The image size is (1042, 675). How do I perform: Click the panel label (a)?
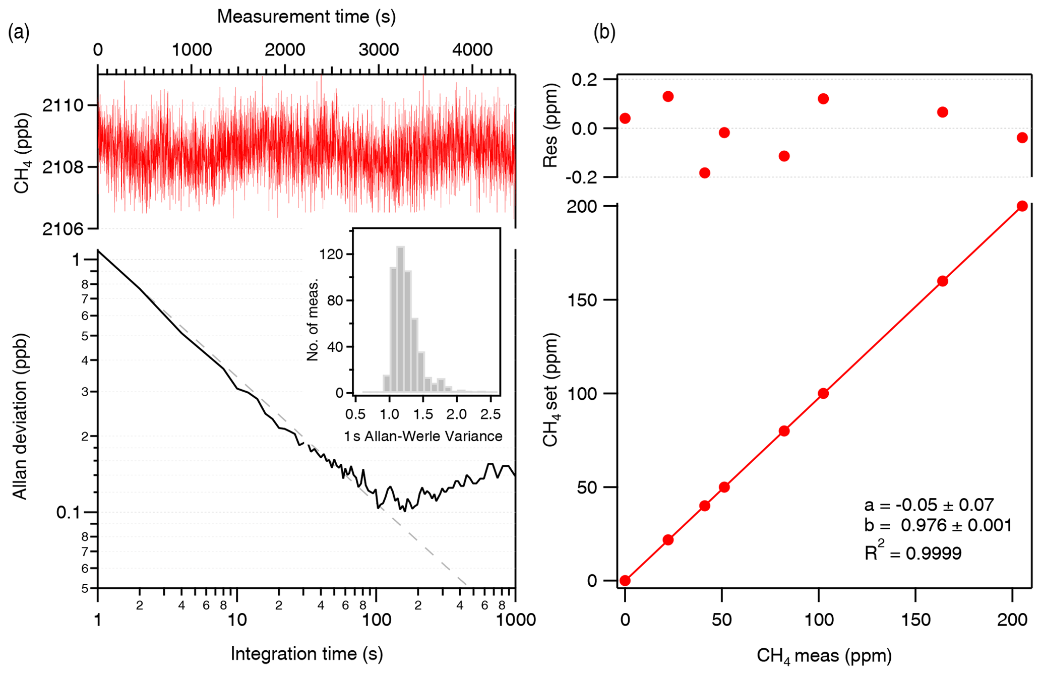19,33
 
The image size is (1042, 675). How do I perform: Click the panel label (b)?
604,33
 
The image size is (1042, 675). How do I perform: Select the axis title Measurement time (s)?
306,17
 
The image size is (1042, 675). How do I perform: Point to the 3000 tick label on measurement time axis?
378,50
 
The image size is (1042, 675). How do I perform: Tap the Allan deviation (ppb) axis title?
20,416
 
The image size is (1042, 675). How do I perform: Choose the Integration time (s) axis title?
307,654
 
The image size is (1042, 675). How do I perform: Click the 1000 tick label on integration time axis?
515,620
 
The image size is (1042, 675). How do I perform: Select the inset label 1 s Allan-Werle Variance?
423,436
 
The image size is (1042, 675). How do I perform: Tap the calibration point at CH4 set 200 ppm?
1022,206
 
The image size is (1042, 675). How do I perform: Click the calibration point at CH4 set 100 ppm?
823,393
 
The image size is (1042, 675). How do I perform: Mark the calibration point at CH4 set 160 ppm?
942,281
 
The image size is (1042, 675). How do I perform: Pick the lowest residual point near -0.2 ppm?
705,173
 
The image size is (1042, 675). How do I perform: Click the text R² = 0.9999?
913,553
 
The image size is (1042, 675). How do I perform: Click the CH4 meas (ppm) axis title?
824,655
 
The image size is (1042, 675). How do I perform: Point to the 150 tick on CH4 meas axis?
915,620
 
